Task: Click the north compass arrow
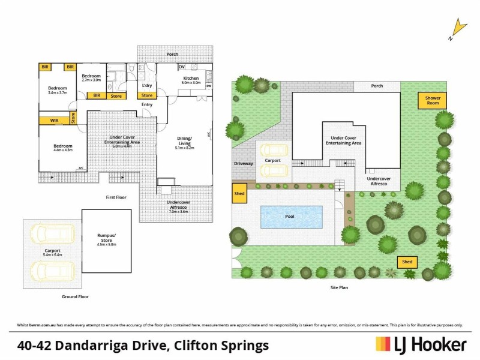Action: pos(459,27)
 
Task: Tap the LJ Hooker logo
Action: pos(421,344)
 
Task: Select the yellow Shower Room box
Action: pos(433,100)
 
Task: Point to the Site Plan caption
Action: pos(339,287)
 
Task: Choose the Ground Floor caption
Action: pos(76,297)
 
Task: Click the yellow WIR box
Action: pos(54,121)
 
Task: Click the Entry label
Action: pos(147,105)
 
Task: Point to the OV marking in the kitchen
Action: pos(182,67)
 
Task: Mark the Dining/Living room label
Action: pos(184,141)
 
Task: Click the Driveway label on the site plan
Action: pos(244,163)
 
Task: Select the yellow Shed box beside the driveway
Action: pos(239,194)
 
